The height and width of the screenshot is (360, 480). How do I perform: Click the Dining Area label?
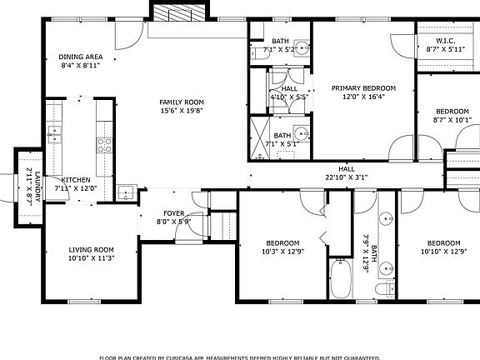coord(80,57)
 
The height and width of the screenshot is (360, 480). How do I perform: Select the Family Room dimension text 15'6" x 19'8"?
coord(182,110)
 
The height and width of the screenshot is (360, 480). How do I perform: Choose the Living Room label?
coord(91,249)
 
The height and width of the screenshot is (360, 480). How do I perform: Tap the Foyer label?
coord(173,212)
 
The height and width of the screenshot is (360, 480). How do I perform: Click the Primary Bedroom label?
coord(363,87)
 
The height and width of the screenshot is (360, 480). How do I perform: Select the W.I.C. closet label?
coord(445,41)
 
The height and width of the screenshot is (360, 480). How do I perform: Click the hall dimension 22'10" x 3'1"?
coord(346,176)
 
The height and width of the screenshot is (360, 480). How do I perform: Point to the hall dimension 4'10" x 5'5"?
coord(289,97)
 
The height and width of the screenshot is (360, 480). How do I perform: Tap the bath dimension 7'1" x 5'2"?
coord(280,50)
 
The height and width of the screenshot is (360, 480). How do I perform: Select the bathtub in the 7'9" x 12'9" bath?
coord(341,278)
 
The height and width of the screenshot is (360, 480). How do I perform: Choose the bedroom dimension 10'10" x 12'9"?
coord(441,251)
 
